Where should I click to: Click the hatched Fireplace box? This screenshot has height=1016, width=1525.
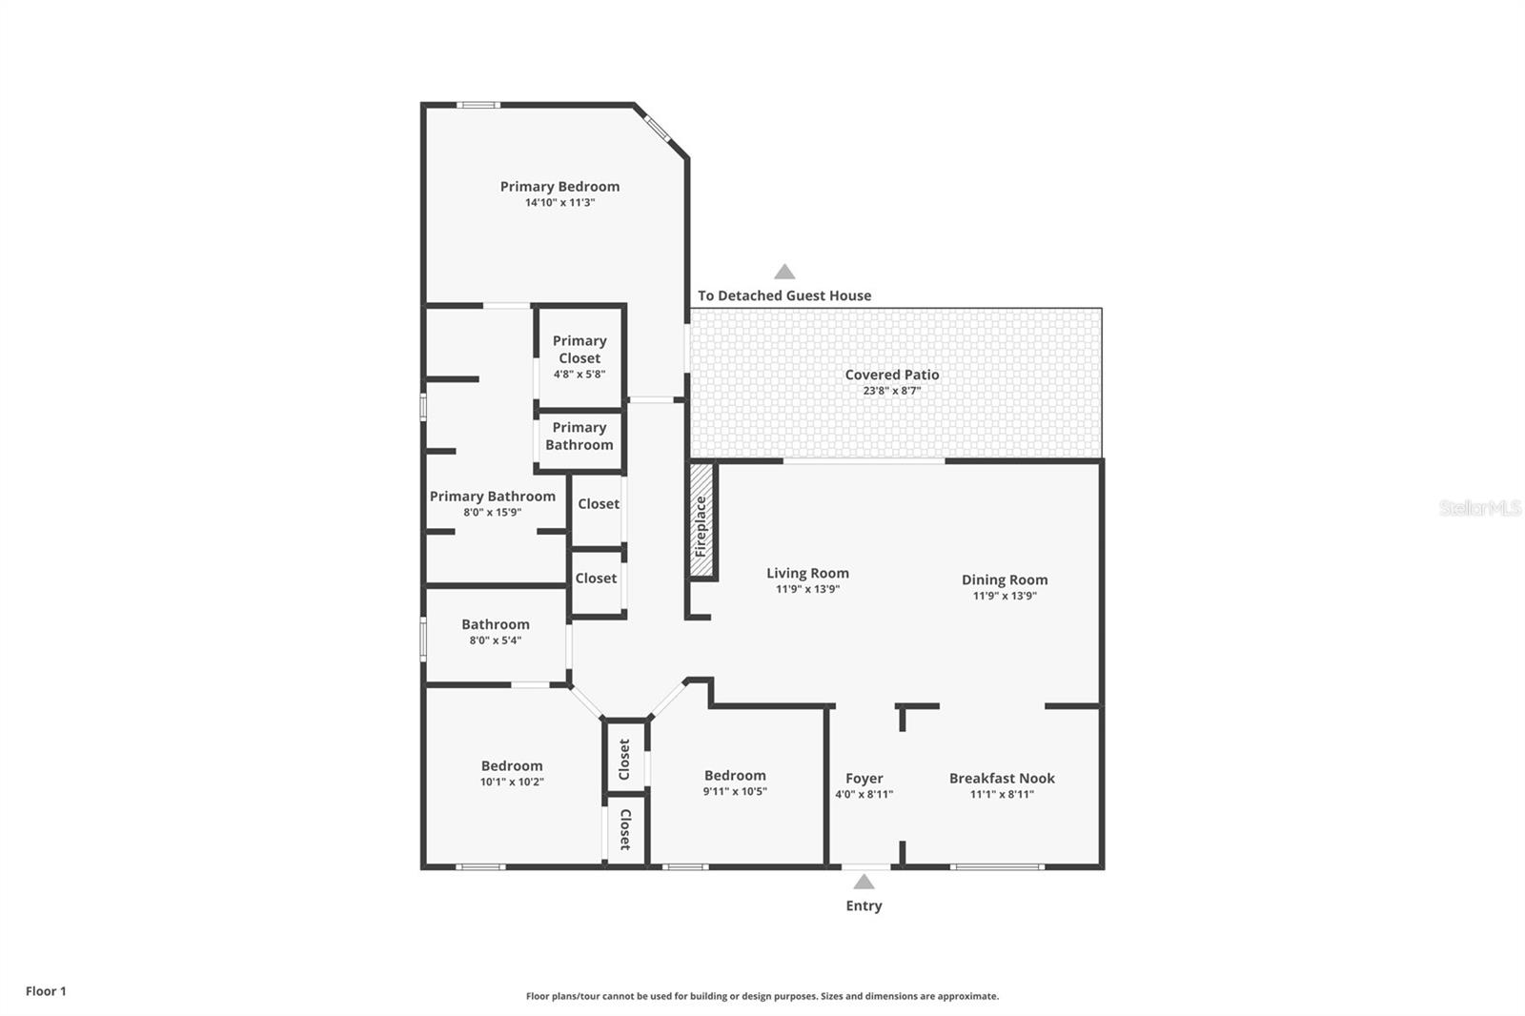click(x=701, y=520)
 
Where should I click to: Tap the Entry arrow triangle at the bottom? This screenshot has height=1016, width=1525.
click(x=864, y=882)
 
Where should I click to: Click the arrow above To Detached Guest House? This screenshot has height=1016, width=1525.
click(x=784, y=272)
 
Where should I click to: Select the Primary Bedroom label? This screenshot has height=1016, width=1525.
click(x=559, y=187)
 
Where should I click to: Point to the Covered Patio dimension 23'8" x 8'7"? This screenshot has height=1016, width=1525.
click(x=892, y=391)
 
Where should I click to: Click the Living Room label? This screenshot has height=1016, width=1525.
click(x=807, y=573)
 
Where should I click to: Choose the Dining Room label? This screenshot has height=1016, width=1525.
click(x=1005, y=579)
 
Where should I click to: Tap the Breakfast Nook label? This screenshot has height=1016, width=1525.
click(x=1002, y=778)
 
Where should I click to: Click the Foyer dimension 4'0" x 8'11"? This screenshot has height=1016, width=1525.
click(x=864, y=794)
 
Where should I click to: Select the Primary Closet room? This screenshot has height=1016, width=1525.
click(x=579, y=356)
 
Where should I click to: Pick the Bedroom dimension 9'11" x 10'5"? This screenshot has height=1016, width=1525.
click(x=735, y=791)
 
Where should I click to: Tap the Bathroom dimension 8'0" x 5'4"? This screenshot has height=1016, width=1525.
click(x=496, y=640)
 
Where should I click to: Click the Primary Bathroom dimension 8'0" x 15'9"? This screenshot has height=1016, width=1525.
click(x=493, y=512)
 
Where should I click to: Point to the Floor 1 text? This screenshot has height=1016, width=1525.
click(x=46, y=991)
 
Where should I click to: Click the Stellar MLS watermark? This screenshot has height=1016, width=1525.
click(x=1479, y=508)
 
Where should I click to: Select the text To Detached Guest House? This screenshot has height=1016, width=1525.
click(x=784, y=295)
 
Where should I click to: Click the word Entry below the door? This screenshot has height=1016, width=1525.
click(x=864, y=905)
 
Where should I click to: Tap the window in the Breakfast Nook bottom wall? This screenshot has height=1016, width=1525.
click(x=997, y=866)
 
